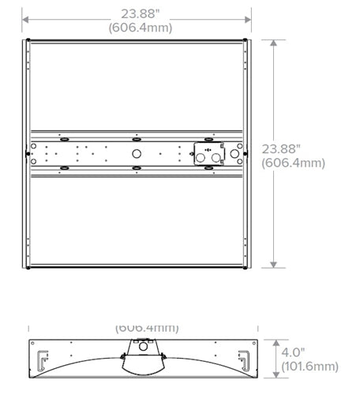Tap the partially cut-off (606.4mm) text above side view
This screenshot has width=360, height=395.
tap(147, 327)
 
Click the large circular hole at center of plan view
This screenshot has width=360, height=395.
tap(136, 153)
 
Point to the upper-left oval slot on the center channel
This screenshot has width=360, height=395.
tap(63, 137)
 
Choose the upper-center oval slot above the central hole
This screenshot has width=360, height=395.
tap(136, 137)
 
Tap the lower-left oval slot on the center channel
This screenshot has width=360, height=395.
tap(63, 168)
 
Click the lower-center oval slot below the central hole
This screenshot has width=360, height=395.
tap(136, 168)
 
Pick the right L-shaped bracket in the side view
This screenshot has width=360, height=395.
tap(248, 360)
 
